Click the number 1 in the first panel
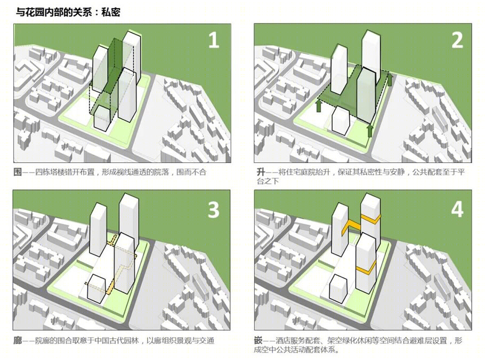tap(214, 40)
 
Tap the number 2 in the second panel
tap(457, 40)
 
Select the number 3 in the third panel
tap(213, 210)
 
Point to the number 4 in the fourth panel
tap(457, 209)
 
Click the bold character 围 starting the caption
tap(18, 172)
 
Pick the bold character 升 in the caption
tap(261, 172)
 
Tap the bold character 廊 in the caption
tap(18, 340)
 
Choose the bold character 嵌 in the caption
tap(258, 340)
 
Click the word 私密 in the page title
tap(111, 12)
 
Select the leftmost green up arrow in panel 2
tap(319, 105)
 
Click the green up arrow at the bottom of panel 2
tap(370, 130)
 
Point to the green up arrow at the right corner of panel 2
tap(390, 79)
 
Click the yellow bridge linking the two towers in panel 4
tap(351, 227)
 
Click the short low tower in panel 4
tap(338, 288)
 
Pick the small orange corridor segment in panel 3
tap(110, 287)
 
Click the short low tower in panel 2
tap(341, 120)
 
